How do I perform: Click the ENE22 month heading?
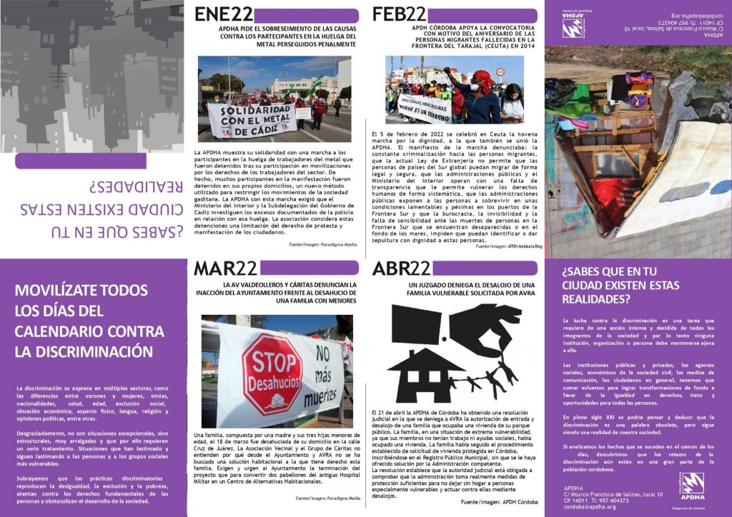pyautogui.click(x=223, y=14)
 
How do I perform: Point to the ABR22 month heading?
pyautogui.click(x=402, y=268)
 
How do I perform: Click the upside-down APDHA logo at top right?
pyautogui.click(x=573, y=27)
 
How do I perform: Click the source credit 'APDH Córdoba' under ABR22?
pyautogui.click(x=518, y=503)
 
